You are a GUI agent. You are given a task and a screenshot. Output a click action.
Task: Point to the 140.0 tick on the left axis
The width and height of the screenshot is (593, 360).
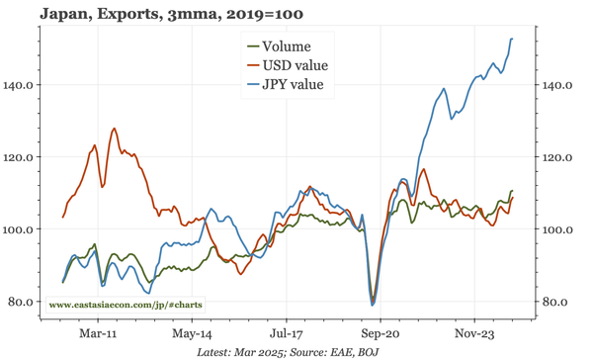pyautogui.click(x=19, y=85)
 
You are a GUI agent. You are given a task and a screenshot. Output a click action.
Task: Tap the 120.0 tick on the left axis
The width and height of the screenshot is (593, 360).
pyautogui.click(x=19, y=157)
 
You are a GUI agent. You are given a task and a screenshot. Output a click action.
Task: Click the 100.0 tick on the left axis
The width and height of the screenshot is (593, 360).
pyautogui.click(x=19, y=229)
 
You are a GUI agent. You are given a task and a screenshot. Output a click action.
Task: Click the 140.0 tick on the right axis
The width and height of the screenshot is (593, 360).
pyautogui.click(x=558, y=85)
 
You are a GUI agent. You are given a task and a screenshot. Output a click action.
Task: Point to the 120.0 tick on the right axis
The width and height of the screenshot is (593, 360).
pyautogui.click(x=558, y=157)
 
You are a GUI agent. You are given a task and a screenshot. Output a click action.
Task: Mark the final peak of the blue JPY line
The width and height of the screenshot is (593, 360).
pyautogui.click(x=512, y=39)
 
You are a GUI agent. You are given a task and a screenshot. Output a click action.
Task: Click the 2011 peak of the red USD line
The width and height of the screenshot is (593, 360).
pyautogui.click(x=115, y=129)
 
